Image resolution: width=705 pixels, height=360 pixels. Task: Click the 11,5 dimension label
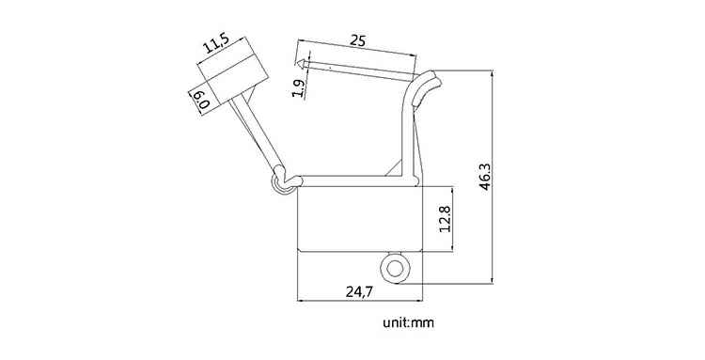[x=216, y=44]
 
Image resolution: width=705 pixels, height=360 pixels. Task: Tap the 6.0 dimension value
[x=200, y=99]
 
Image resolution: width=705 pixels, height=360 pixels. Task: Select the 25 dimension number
[x=358, y=40]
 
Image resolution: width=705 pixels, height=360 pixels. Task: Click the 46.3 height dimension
[x=485, y=177]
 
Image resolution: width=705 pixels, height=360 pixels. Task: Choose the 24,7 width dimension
[x=359, y=291]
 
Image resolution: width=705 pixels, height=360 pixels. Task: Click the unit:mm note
[x=409, y=322]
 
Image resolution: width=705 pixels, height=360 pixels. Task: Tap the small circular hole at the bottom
[x=395, y=269]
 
